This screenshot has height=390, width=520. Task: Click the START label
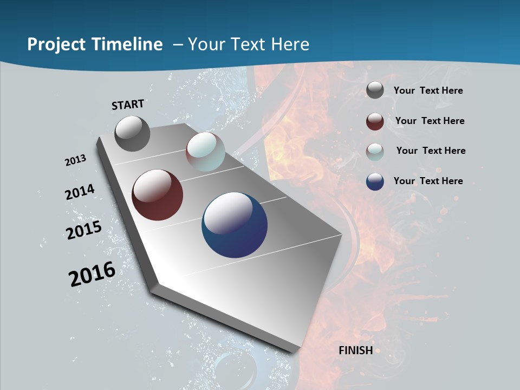pos(128,104)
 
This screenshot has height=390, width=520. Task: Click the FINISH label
pos(355,350)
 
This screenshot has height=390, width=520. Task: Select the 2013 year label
pos(75,160)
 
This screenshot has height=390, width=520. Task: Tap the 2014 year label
pos(80,192)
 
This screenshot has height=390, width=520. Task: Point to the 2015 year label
pos(83,230)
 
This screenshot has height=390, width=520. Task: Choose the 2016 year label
pos(92,274)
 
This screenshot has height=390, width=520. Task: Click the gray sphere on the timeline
pos(132,133)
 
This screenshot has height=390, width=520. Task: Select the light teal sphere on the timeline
pos(205,152)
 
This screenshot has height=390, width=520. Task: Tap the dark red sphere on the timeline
pos(157,195)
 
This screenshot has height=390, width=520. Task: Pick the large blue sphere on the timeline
pos(235,225)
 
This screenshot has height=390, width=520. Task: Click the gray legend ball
pos(375,90)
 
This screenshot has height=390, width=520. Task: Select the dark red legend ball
pos(375,121)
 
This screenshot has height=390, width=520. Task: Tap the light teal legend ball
pos(375,152)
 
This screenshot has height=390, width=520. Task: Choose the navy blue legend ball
pos(375,181)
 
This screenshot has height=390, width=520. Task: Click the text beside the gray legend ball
pos(428,91)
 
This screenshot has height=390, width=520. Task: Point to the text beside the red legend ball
pos(430,121)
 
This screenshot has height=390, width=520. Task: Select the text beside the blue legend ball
pos(428,181)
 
